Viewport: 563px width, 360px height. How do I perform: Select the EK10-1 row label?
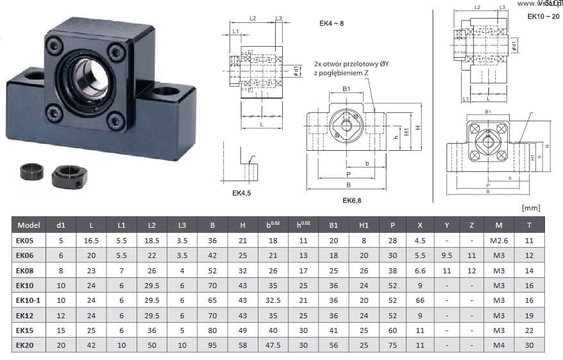click(x=29, y=300)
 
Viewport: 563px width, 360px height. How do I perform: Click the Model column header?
click(x=29, y=225)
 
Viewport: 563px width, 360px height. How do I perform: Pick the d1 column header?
click(x=61, y=225)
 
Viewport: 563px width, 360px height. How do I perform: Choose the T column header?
click(x=528, y=225)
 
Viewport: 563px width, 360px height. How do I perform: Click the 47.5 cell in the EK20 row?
click(x=272, y=345)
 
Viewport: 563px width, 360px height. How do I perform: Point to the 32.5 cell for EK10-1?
click(x=272, y=300)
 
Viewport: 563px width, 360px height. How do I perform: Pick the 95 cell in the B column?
click(x=212, y=345)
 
